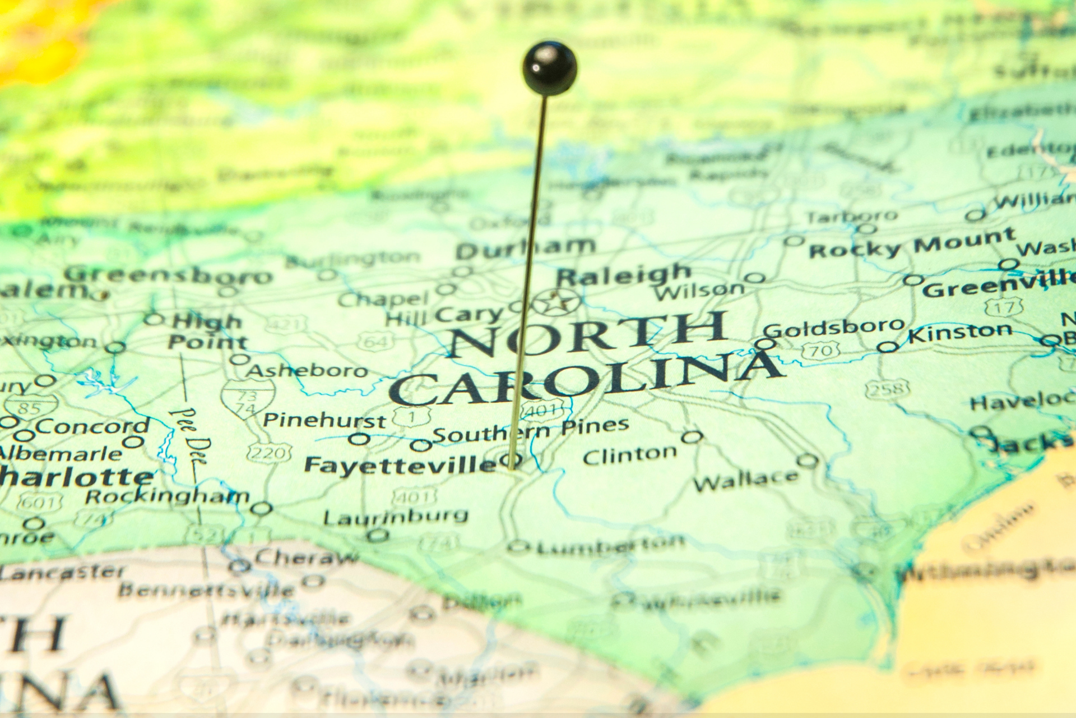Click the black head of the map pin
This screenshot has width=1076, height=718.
550,67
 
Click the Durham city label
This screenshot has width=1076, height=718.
525,247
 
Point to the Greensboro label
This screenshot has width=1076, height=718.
168,275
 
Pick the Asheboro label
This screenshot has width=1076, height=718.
307,371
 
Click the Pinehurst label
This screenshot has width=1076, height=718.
324,420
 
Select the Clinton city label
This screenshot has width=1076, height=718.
629,455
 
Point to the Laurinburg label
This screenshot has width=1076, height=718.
395,516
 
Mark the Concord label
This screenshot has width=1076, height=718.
92,426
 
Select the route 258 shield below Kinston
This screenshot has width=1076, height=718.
886,388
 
